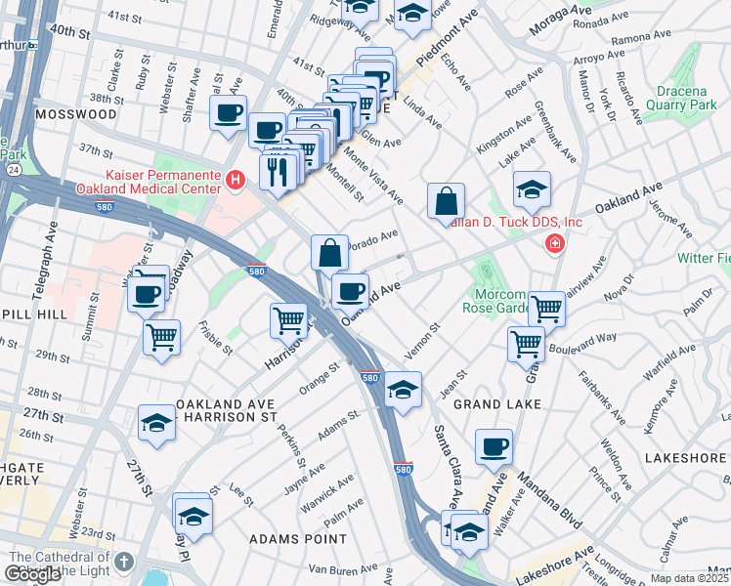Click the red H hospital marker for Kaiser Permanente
tap(235, 180)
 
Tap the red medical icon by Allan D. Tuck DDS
tap(555, 243)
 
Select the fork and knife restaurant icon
tap(279, 171)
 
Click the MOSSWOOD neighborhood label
tap(75, 114)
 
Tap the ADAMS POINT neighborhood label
tap(297, 538)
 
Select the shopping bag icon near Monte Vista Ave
tap(446, 202)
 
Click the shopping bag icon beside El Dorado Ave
tap(330, 252)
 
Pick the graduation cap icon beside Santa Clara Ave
tap(403, 390)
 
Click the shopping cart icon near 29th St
tap(161, 337)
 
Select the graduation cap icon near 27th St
tap(156, 422)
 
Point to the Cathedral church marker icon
tap(123, 563)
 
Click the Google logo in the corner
tap(32, 574)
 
